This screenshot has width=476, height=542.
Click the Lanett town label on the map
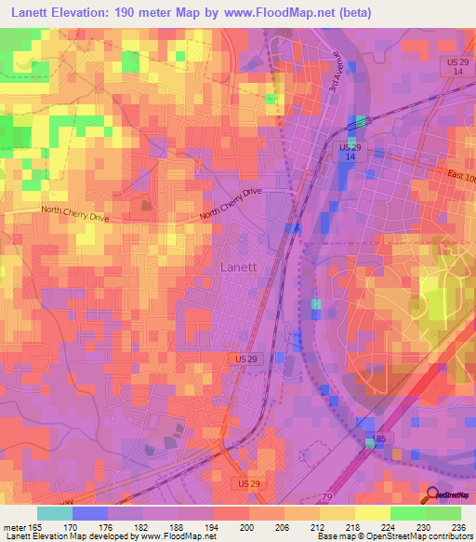239,266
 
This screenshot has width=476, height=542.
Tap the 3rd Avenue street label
335,71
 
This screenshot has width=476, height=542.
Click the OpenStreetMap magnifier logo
433,495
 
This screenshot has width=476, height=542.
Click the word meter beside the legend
15,526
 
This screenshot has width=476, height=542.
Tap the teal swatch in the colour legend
54,513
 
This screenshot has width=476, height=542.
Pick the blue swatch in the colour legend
89,513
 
